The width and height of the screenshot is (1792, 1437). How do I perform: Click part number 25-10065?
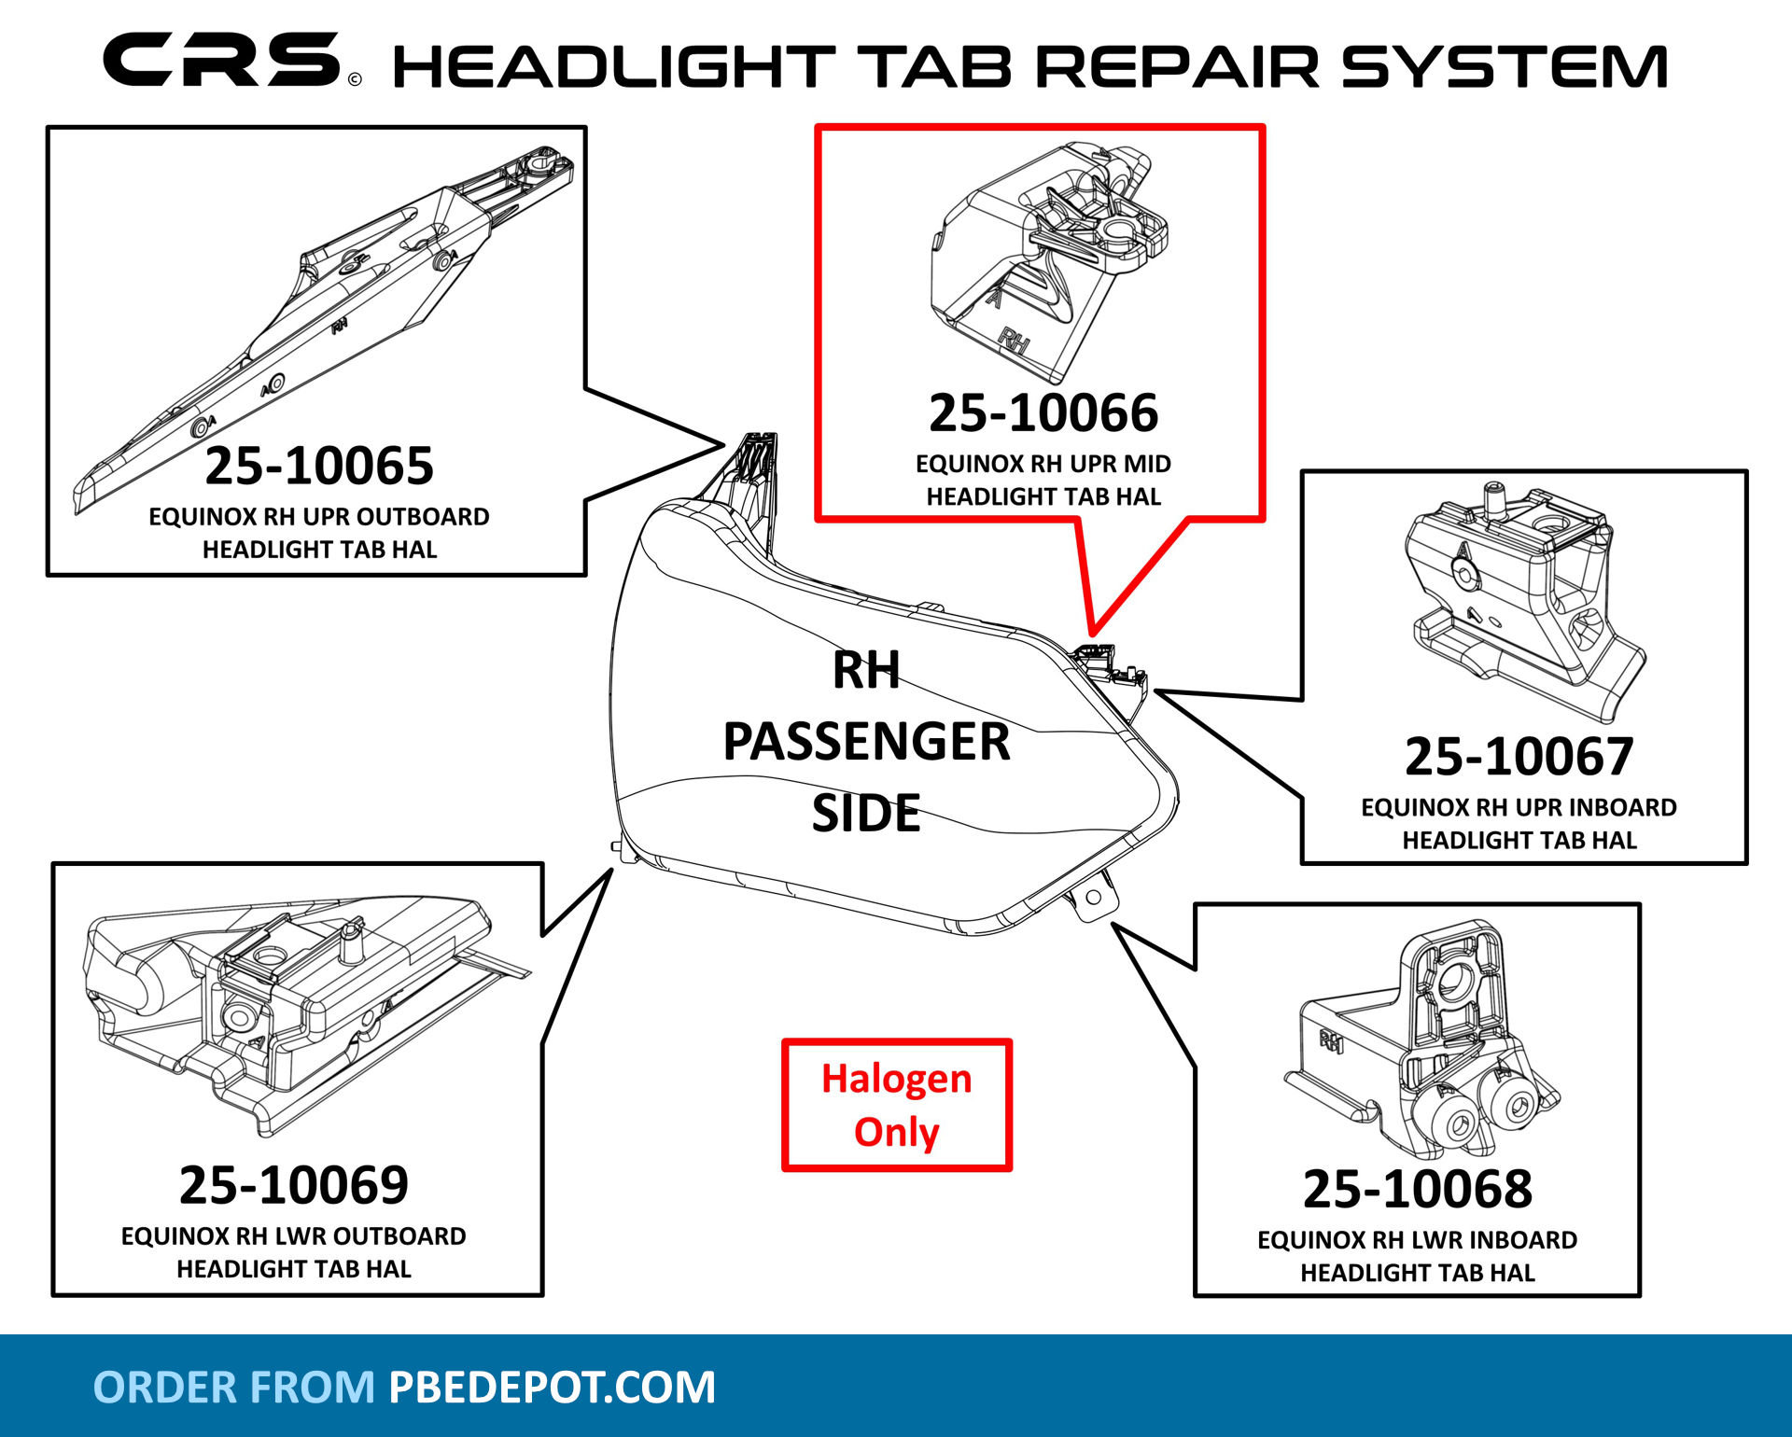point(319,466)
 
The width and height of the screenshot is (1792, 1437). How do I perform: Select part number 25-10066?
point(1043,413)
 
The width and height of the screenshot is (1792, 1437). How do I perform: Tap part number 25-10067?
point(1519,757)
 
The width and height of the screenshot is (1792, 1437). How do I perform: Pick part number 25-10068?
point(1417,1189)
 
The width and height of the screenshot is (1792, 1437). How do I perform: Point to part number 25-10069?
point(294,1185)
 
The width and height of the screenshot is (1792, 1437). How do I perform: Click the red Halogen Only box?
point(897,1105)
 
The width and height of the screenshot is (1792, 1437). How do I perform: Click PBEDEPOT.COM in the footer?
point(552,1388)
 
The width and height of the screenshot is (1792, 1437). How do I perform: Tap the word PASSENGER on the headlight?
point(866,742)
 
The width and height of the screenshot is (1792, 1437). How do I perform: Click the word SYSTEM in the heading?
point(1504,67)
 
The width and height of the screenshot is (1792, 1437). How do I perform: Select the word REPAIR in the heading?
point(1178,67)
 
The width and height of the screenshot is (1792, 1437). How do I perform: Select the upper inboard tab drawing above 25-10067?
point(1521,602)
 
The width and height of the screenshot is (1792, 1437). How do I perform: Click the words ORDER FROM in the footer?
point(233,1388)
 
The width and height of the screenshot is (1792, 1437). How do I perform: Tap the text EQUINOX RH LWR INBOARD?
point(1417,1240)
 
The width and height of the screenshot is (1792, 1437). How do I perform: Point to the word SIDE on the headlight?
point(866,814)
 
